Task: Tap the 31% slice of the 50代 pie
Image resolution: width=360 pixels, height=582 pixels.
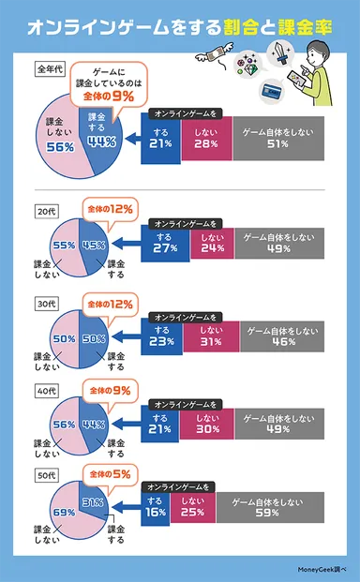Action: click(92, 503)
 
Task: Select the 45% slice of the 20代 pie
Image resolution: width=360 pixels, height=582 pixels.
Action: click(94, 246)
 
